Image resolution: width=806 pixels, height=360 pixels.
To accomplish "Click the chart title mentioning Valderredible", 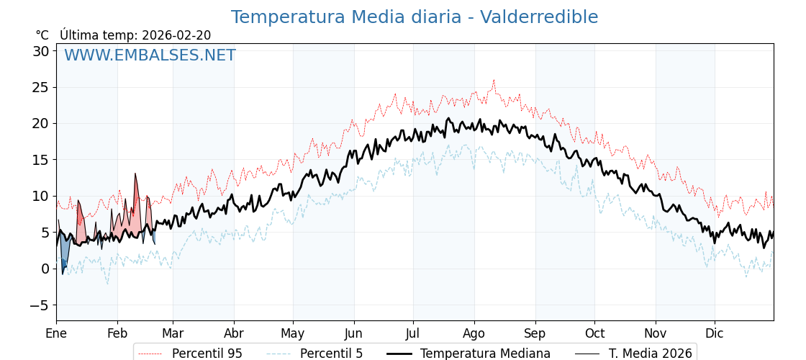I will pos(414,17).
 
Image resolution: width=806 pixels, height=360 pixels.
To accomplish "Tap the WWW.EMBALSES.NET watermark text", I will pos(150,55).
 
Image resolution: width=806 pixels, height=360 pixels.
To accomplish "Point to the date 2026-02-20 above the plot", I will pos(176,35).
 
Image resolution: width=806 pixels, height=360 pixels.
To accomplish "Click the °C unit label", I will pos(42,35).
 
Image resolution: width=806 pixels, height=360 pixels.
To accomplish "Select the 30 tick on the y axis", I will pos(40,51).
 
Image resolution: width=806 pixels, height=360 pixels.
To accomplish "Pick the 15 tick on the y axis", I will pos(40,160).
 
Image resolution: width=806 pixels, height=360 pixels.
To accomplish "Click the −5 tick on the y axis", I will pos(37,305).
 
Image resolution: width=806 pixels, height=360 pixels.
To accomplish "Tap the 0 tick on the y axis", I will pos(45,269).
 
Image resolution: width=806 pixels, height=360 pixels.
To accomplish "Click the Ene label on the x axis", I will pos(56,333).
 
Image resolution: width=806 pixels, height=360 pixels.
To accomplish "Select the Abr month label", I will pos(234,333).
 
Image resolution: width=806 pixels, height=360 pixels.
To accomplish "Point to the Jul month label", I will pos(413,333).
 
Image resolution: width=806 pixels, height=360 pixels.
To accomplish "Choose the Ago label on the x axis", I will pos(474,333).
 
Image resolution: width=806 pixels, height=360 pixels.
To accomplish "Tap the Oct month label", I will pos(594,333).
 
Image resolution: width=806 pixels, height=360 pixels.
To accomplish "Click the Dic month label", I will pos(715,333).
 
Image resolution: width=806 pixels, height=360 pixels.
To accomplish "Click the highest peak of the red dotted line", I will pos(494,80).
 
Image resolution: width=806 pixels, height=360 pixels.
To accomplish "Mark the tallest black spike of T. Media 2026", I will pos(135,174).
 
